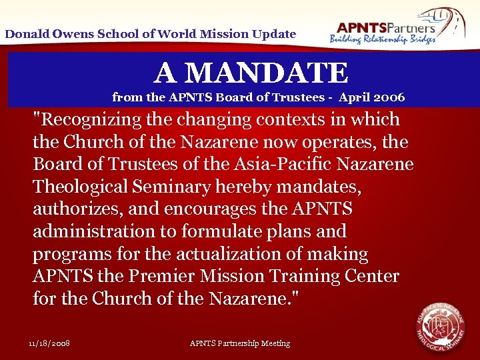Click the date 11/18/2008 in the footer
tap(50, 343)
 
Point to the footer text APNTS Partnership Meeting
tap(240, 343)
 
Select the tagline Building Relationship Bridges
tap(383, 39)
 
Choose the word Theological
tap(85, 187)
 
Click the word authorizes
tap(75, 209)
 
